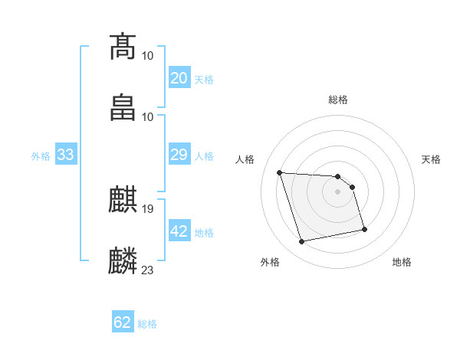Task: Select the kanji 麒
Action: (123, 199)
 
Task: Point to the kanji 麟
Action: (123, 260)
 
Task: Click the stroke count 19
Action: (148, 208)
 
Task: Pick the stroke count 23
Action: (148, 270)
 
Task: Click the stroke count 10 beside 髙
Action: (148, 56)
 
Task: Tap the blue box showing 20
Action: (179, 78)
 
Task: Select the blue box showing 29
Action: (179, 155)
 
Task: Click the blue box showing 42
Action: (179, 232)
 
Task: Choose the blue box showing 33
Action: (65, 155)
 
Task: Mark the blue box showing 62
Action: (123, 323)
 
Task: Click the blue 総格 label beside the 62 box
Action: (147, 324)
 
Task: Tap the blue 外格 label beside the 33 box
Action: (41, 156)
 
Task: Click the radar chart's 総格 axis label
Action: (338, 100)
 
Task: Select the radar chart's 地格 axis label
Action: (402, 263)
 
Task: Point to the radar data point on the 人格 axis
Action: (280, 172)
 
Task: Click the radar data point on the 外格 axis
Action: (302, 242)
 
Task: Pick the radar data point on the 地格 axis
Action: (364, 228)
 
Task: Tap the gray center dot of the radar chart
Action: (338, 191)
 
